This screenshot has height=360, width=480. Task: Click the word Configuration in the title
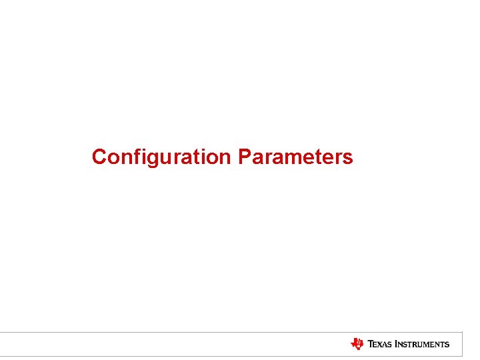click(161, 157)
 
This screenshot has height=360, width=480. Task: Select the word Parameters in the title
click(295, 157)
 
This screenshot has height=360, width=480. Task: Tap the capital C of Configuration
click(99, 157)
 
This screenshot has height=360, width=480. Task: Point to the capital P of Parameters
click(244, 157)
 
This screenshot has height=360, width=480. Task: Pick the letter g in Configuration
click(153, 159)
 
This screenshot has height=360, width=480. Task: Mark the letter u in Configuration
click(165, 159)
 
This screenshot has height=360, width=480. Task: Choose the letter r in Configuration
click(175, 159)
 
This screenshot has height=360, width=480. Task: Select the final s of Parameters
click(347, 159)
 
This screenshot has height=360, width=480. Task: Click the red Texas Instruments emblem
click(357, 344)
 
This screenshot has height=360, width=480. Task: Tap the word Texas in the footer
click(379, 345)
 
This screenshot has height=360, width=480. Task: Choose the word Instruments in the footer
click(422, 345)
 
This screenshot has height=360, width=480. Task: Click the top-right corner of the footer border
click(462, 332)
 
